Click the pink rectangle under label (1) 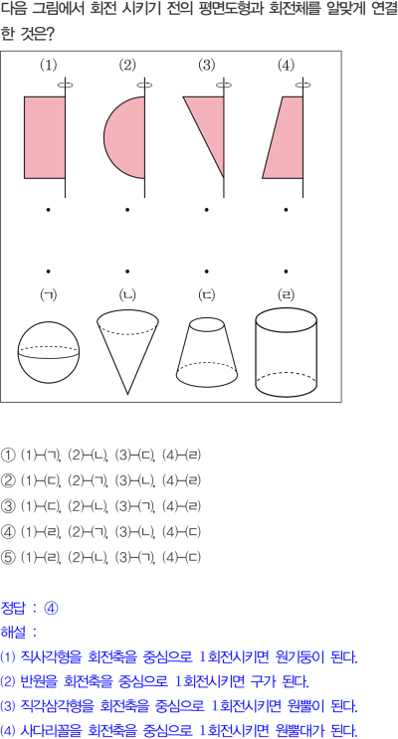(x=45, y=137)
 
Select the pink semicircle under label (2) (x=126, y=137)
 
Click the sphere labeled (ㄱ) (x=49, y=352)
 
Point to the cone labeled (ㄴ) (x=127, y=350)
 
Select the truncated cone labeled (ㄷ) (x=207, y=351)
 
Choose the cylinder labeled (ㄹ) (x=286, y=351)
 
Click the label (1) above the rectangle (x=48, y=65)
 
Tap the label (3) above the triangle (x=207, y=65)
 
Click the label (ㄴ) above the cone (x=127, y=295)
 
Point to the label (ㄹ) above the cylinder (x=286, y=295)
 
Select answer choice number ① (x=8, y=456)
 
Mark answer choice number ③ (x=8, y=506)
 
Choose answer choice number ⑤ (x=8, y=557)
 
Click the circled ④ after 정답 (x=51, y=609)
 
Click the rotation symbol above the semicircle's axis (x=144, y=86)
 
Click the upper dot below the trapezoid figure (x=286, y=209)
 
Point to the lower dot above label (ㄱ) (x=48, y=271)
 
